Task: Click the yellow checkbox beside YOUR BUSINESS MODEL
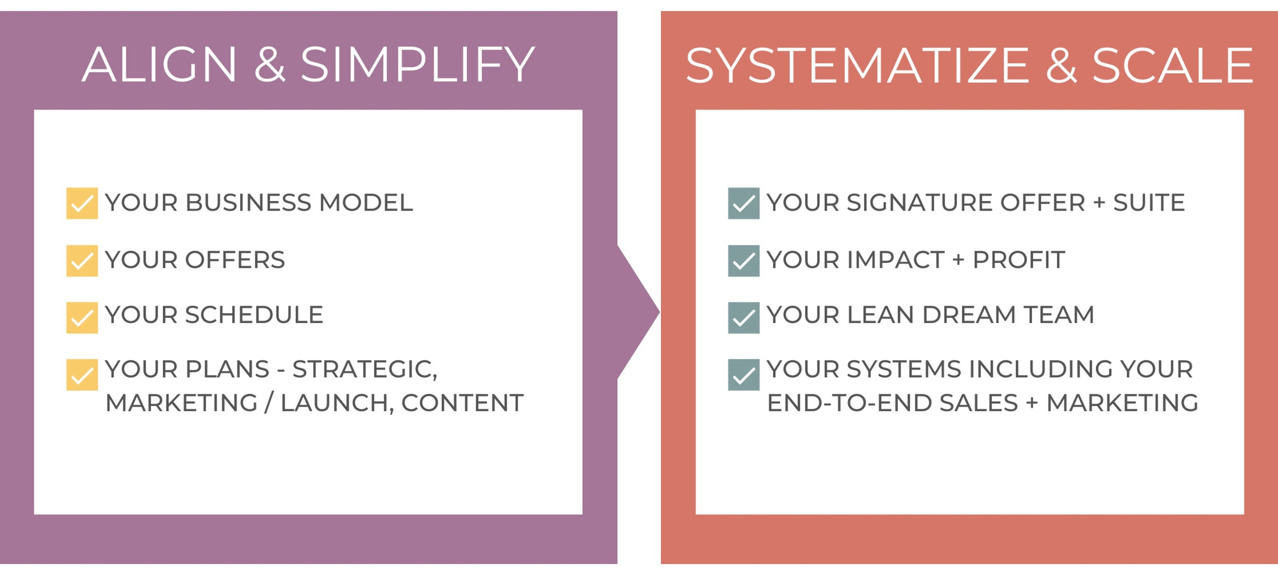pyautogui.click(x=82, y=203)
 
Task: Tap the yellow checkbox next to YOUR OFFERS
pyautogui.click(x=82, y=261)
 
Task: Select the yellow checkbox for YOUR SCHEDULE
pyautogui.click(x=82, y=317)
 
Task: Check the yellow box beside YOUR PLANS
pyautogui.click(x=82, y=374)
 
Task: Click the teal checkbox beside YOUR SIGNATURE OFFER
pyautogui.click(x=743, y=203)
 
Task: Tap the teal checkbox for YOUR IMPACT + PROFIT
pyautogui.click(x=743, y=261)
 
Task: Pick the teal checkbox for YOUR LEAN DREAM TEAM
pyautogui.click(x=743, y=317)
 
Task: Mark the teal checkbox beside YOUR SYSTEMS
pyautogui.click(x=743, y=374)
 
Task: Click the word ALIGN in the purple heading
pyautogui.click(x=159, y=65)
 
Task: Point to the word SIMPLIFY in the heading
pyautogui.click(x=417, y=65)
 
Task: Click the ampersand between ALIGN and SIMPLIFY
pyautogui.click(x=270, y=65)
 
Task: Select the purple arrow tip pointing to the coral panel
pyautogui.click(x=644, y=312)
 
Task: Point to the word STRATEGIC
pyautogui.click(x=364, y=370)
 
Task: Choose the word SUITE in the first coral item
pyautogui.click(x=1149, y=203)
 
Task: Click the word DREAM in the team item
pyautogui.click(x=968, y=315)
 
